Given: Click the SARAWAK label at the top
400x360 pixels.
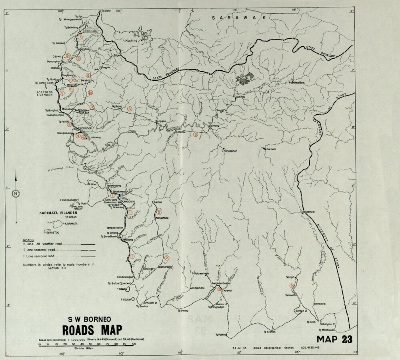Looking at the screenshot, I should (x=236, y=18).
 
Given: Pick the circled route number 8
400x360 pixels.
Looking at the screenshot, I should (x=219, y=290).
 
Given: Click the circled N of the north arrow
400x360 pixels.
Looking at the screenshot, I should (x=16, y=195).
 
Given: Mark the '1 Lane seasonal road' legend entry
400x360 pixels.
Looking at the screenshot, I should (x=40, y=255).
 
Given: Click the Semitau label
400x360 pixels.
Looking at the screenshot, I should (x=240, y=97).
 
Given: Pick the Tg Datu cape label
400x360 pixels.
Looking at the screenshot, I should (x=106, y=11).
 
